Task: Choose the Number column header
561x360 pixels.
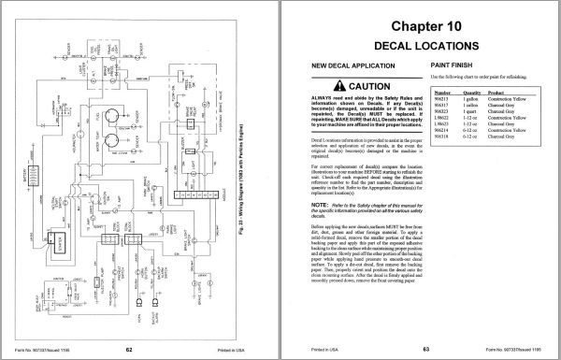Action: tap(442, 94)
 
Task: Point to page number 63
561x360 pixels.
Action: tap(417, 348)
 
